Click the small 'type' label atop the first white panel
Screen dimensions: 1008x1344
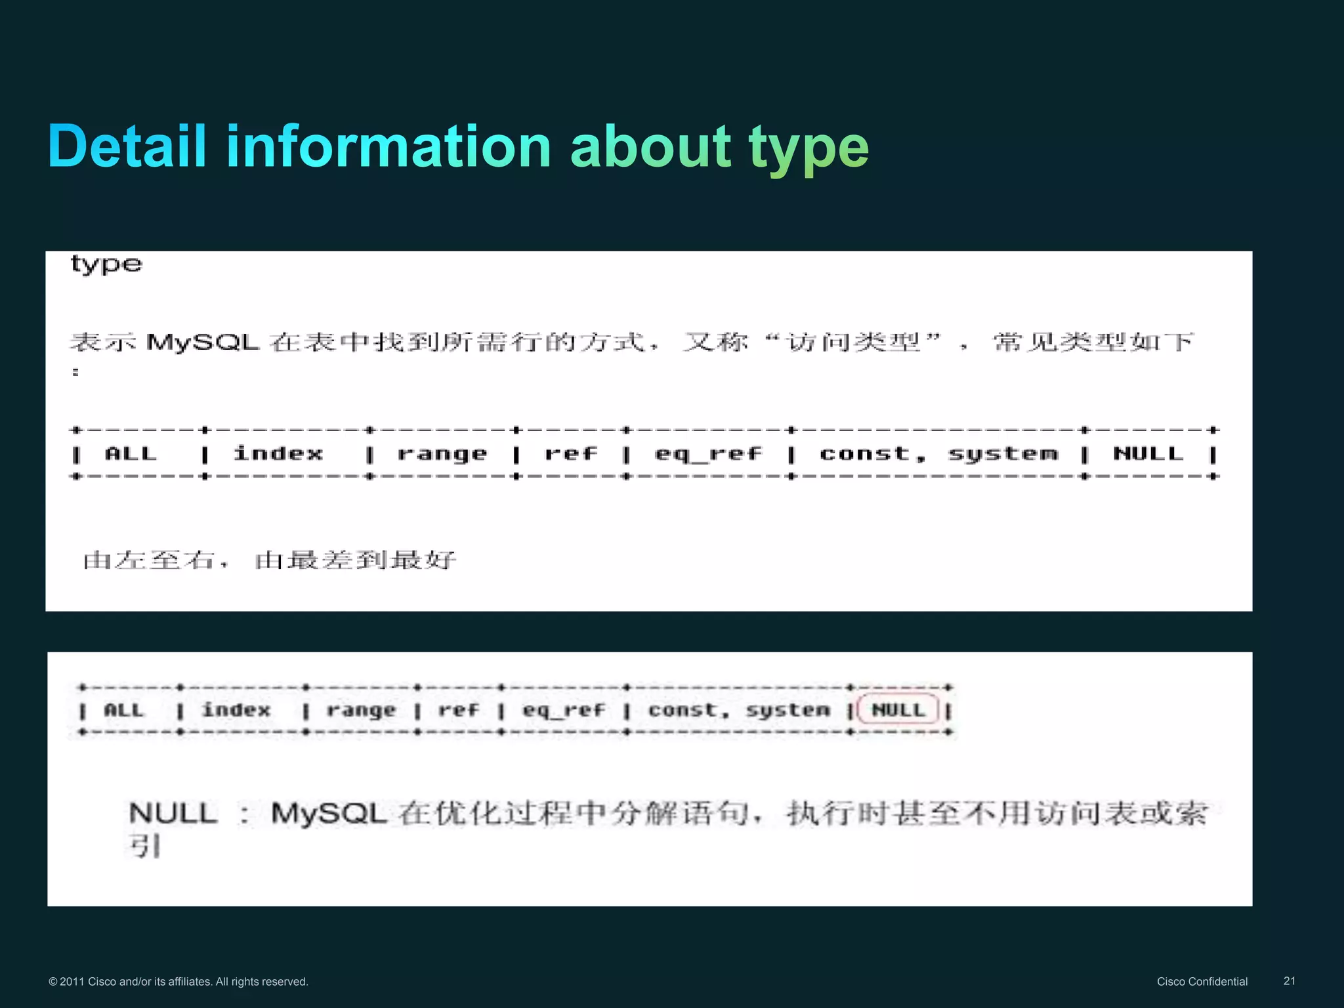click(106, 264)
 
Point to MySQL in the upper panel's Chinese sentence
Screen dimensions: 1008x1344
click(203, 342)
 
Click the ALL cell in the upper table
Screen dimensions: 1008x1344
click(131, 453)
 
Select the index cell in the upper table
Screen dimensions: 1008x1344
click(278, 453)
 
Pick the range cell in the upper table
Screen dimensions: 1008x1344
click(442, 453)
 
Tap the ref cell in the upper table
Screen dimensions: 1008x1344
click(571, 453)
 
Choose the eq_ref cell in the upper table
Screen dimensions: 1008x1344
click(708, 453)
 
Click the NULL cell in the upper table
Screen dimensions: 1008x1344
click(1148, 453)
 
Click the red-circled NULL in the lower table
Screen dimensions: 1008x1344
click(898, 710)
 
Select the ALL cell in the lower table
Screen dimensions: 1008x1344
click(123, 710)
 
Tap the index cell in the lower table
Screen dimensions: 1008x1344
click(236, 710)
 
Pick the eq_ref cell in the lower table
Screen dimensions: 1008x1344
click(563, 710)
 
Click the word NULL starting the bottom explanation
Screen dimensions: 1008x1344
click(173, 814)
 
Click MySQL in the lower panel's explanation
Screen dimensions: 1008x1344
click(329, 814)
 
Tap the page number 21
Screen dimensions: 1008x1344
click(1289, 981)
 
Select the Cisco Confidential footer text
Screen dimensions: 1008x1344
click(1202, 982)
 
